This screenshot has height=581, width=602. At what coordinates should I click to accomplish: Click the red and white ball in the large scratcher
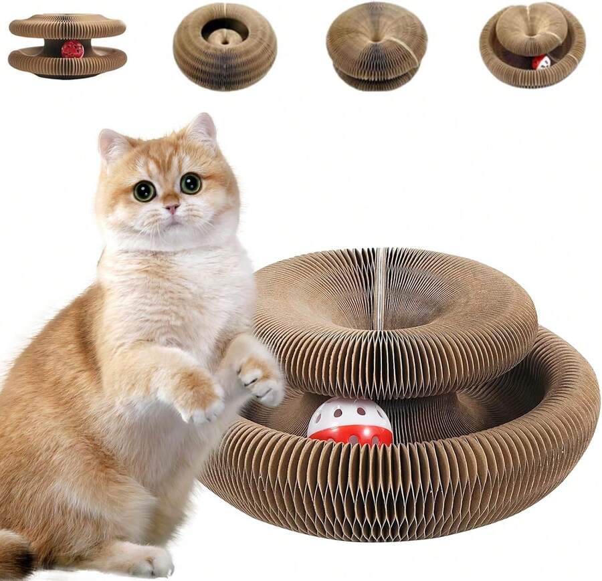[x=350, y=423]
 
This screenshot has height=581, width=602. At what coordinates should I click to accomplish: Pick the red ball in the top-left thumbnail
[x=72, y=49]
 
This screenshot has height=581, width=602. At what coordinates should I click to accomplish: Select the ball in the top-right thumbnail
[x=541, y=62]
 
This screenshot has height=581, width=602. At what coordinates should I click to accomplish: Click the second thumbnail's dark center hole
[x=225, y=30]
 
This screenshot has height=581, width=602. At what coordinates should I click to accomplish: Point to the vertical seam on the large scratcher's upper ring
[x=380, y=287]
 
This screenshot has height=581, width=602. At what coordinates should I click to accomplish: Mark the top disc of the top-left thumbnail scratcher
[x=67, y=25]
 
